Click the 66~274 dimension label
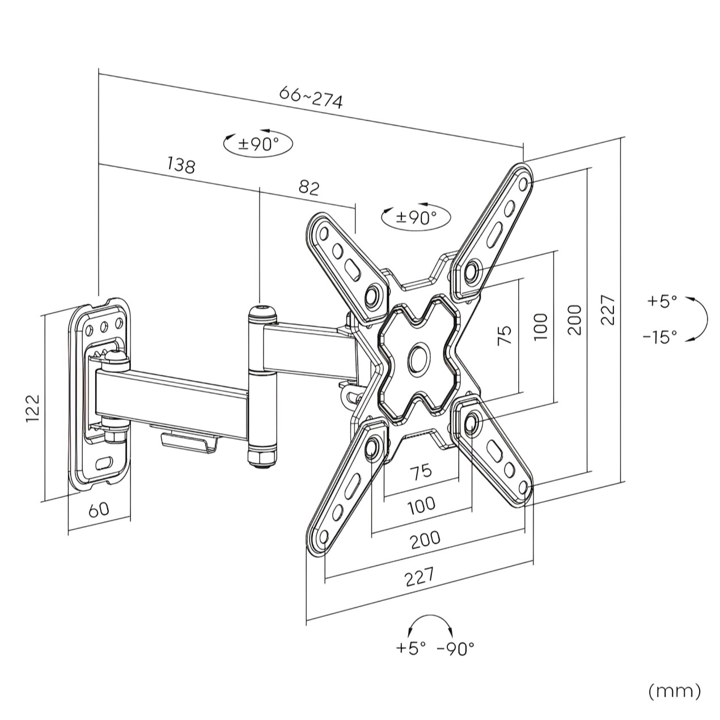click(311, 98)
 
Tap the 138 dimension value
click(181, 165)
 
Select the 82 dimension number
click(309, 188)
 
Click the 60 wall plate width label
click(99, 509)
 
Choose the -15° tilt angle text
click(660, 337)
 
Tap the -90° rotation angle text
click(455, 648)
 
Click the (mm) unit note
click(674, 691)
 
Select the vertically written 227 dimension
click(608, 309)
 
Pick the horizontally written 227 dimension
click(420, 577)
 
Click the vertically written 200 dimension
click(574, 320)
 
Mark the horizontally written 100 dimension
click(421, 504)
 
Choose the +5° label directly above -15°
click(662, 301)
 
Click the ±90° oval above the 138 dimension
click(258, 144)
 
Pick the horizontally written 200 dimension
click(425, 540)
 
